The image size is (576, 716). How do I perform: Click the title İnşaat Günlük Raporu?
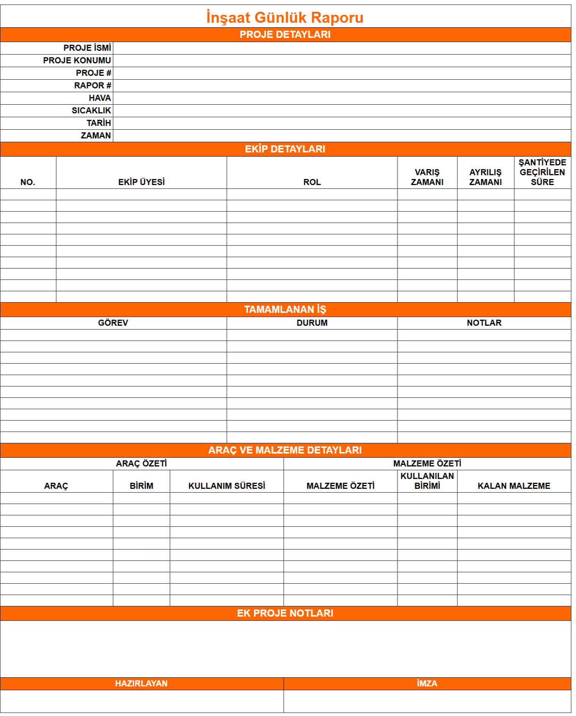285,17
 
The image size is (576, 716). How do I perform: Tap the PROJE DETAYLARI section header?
285,35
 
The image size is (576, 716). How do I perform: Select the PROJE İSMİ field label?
87,48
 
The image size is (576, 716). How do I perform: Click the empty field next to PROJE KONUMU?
341,61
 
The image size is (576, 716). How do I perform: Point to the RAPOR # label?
93,85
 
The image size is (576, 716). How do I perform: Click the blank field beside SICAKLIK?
341,111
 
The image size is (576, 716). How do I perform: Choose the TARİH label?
99,123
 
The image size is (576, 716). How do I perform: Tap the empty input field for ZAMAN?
341,136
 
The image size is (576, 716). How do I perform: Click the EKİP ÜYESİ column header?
141,182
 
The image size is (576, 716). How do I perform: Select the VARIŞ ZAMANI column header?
427,177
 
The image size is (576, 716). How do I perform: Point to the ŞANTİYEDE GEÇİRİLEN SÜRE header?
542,172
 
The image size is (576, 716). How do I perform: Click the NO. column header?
28,182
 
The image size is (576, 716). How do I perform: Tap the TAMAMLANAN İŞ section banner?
285,309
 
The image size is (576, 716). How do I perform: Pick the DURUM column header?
312,323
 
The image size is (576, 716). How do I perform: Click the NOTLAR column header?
484,323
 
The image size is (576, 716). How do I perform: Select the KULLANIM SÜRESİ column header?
226,486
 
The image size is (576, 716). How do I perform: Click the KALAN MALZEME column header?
514,486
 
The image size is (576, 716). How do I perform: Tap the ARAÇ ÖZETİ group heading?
141,463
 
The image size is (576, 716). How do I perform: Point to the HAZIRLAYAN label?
141,683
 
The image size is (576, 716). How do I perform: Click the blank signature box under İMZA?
427,701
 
